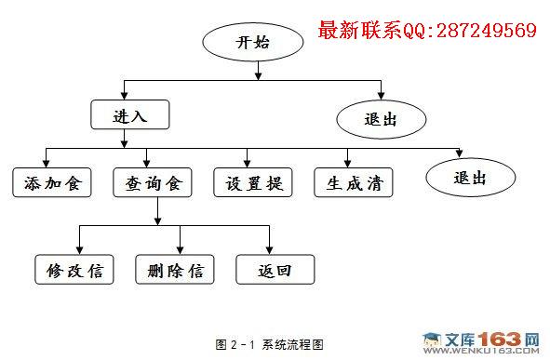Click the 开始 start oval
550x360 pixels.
[253, 42]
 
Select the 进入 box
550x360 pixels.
[130, 114]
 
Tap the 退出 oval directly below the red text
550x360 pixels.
[382, 119]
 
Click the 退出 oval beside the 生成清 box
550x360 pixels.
[471, 178]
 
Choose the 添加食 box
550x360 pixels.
[52, 182]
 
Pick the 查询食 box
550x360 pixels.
[153, 182]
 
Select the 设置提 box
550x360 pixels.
[253, 182]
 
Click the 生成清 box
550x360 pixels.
[354, 182]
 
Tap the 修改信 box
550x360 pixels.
[74, 270]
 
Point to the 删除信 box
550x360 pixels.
[175, 270]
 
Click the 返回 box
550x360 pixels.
[275, 270]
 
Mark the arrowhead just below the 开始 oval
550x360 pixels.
[259, 76]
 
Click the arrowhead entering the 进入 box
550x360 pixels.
[124, 96]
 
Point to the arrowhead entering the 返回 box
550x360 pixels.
[269, 250]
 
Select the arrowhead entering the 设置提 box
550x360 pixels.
[247, 164]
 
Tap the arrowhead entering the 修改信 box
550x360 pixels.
[80, 250]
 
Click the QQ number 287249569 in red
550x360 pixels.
[487, 30]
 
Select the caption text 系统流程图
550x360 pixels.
[293, 344]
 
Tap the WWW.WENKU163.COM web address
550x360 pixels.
[482, 351]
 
